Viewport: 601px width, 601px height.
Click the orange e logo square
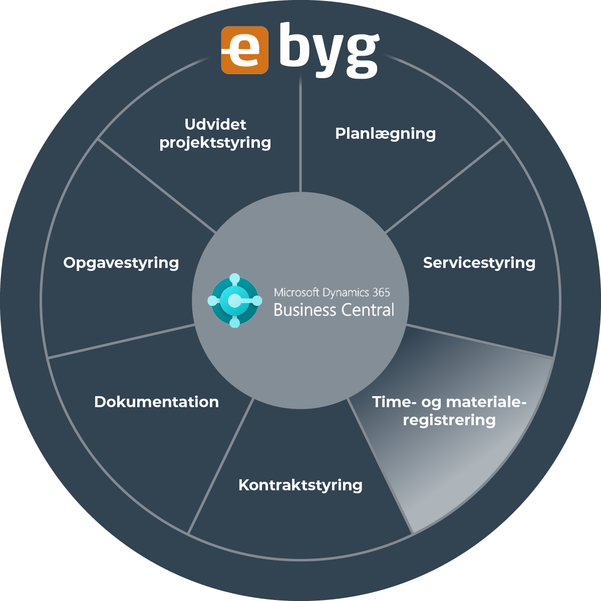click(x=244, y=51)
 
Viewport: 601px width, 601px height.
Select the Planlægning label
click(x=385, y=134)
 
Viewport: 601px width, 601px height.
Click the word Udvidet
click(x=215, y=124)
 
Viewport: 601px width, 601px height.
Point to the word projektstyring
click(x=215, y=143)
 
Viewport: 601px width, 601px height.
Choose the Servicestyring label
click(x=479, y=262)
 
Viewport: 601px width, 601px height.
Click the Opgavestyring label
click(x=121, y=262)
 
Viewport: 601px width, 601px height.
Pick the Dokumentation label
click(x=156, y=402)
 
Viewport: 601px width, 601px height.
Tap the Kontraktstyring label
click(x=300, y=485)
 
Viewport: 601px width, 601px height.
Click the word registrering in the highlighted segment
click(x=449, y=420)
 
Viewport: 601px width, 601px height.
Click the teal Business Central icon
click(x=235, y=300)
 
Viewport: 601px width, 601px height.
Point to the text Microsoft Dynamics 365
click(x=332, y=292)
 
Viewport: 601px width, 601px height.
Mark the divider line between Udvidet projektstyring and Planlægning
click(x=300, y=135)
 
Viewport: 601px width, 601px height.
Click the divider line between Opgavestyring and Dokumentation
click(x=120, y=341)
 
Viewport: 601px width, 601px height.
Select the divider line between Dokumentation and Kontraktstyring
click(x=220, y=466)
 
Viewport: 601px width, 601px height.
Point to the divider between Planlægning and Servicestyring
click(x=443, y=186)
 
